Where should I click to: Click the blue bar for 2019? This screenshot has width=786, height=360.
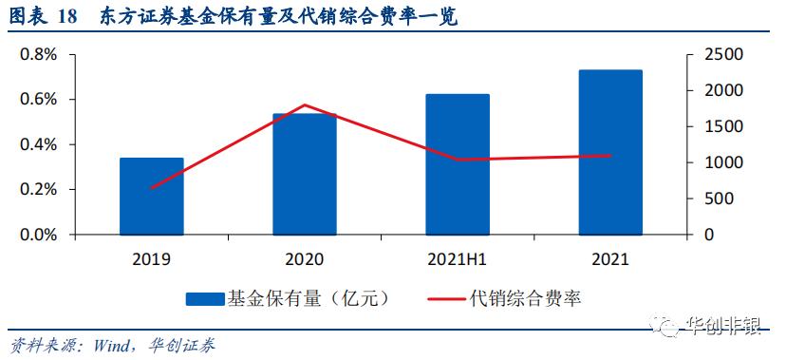pyautogui.click(x=151, y=196)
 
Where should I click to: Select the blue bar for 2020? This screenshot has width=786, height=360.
pyautogui.click(x=305, y=174)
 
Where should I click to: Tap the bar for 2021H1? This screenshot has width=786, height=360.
pyautogui.click(x=458, y=163)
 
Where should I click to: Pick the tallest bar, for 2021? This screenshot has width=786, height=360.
pyautogui.click(x=610, y=152)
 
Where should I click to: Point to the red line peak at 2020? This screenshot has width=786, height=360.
pyautogui.click(x=305, y=104)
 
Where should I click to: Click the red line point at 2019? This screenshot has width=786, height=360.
pyautogui.click(x=151, y=188)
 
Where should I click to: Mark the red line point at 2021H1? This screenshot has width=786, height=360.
pyautogui.click(x=458, y=160)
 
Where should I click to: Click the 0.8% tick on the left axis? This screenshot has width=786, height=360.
pyautogui.click(x=39, y=54)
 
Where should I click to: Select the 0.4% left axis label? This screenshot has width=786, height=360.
pyautogui.click(x=39, y=144)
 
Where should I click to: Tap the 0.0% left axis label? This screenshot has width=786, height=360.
pyautogui.click(x=39, y=235)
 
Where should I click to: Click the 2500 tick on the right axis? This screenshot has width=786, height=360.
pyautogui.click(x=717, y=54)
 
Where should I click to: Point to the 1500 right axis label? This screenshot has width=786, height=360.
pyautogui.click(x=717, y=126)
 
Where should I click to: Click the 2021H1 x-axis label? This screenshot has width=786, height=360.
pyautogui.click(x=458, y=258)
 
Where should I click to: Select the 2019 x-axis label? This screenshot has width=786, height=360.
pyautogui.click(x=151, y=258)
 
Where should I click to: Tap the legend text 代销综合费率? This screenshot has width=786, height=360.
pyautogui.click(x=525, y=298)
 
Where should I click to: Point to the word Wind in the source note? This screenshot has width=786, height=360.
pyautogui.click(x=113, y=345)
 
